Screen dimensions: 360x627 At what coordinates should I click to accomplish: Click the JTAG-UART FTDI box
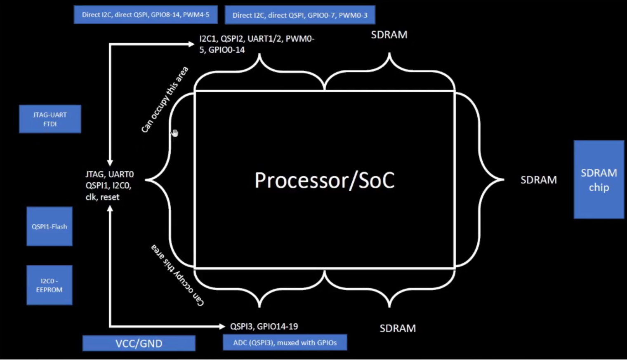point(50,119)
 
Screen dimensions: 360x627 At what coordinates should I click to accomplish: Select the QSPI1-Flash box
point(49,226)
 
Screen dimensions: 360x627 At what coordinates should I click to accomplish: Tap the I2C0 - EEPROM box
point(49,285)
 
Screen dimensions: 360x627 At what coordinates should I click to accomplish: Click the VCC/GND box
point(139,343)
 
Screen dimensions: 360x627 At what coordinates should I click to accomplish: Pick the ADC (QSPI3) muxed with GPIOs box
point(285,342)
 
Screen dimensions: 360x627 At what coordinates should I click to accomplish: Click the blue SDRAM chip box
point(599,179)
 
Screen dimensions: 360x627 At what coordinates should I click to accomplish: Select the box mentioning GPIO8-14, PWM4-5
point(146,15)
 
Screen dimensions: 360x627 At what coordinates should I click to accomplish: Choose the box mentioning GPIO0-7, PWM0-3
point(300,15)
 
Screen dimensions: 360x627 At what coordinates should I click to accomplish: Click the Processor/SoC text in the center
point(325,180)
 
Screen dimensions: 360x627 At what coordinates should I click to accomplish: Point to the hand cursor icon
point(175,133)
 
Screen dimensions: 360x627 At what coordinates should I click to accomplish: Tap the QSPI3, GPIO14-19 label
point(264,327)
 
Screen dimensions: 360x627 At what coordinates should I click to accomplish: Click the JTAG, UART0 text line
point(110,174)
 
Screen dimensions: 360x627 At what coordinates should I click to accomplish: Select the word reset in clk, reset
point(110,197)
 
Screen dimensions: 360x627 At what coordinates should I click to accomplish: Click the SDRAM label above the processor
point(389,35)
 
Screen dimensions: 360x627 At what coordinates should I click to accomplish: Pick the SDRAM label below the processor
point(398,328)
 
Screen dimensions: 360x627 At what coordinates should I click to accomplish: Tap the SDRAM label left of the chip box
point(538,180)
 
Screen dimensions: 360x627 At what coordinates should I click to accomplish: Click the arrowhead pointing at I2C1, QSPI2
point(191,44)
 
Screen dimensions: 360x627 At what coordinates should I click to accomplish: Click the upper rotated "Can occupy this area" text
point(165,99)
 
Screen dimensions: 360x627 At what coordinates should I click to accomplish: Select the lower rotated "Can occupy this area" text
point(177,275)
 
